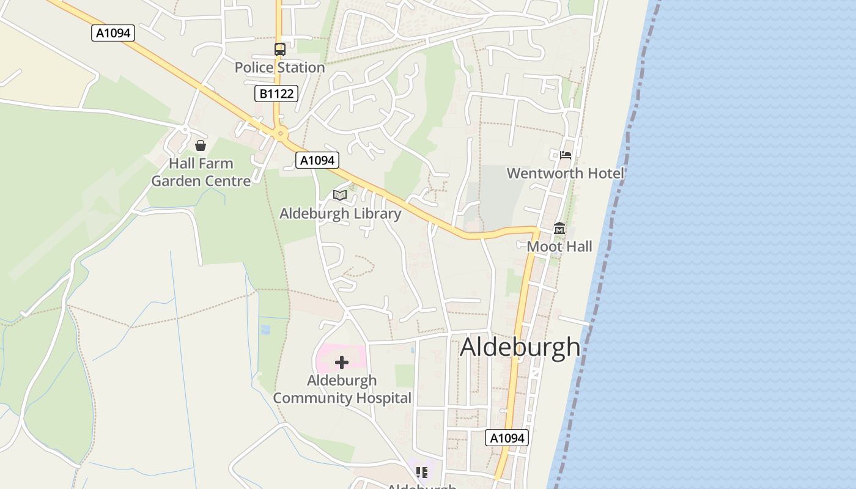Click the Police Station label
coord(279,67)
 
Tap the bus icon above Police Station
coord(279,50)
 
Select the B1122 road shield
coord(276,94)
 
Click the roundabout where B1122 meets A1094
coord(281,133)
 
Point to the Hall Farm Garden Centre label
coord(201,172)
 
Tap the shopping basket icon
coord(200,145)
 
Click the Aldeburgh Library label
coord(340,213)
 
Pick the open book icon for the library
coord(340,195)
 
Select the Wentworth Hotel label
coord(565,173)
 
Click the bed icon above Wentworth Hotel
coord(566,155)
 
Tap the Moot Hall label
coord(559,246)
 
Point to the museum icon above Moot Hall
coord(559,229)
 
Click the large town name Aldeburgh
coord(520,347)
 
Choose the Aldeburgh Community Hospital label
coord(342,389)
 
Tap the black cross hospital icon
coord(342,362)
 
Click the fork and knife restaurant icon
coord(421,472)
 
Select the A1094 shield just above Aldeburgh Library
coord(317,160)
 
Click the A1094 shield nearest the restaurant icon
coord(507,438)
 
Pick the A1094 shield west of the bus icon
coord(113,33)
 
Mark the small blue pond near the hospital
coord(265,329)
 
